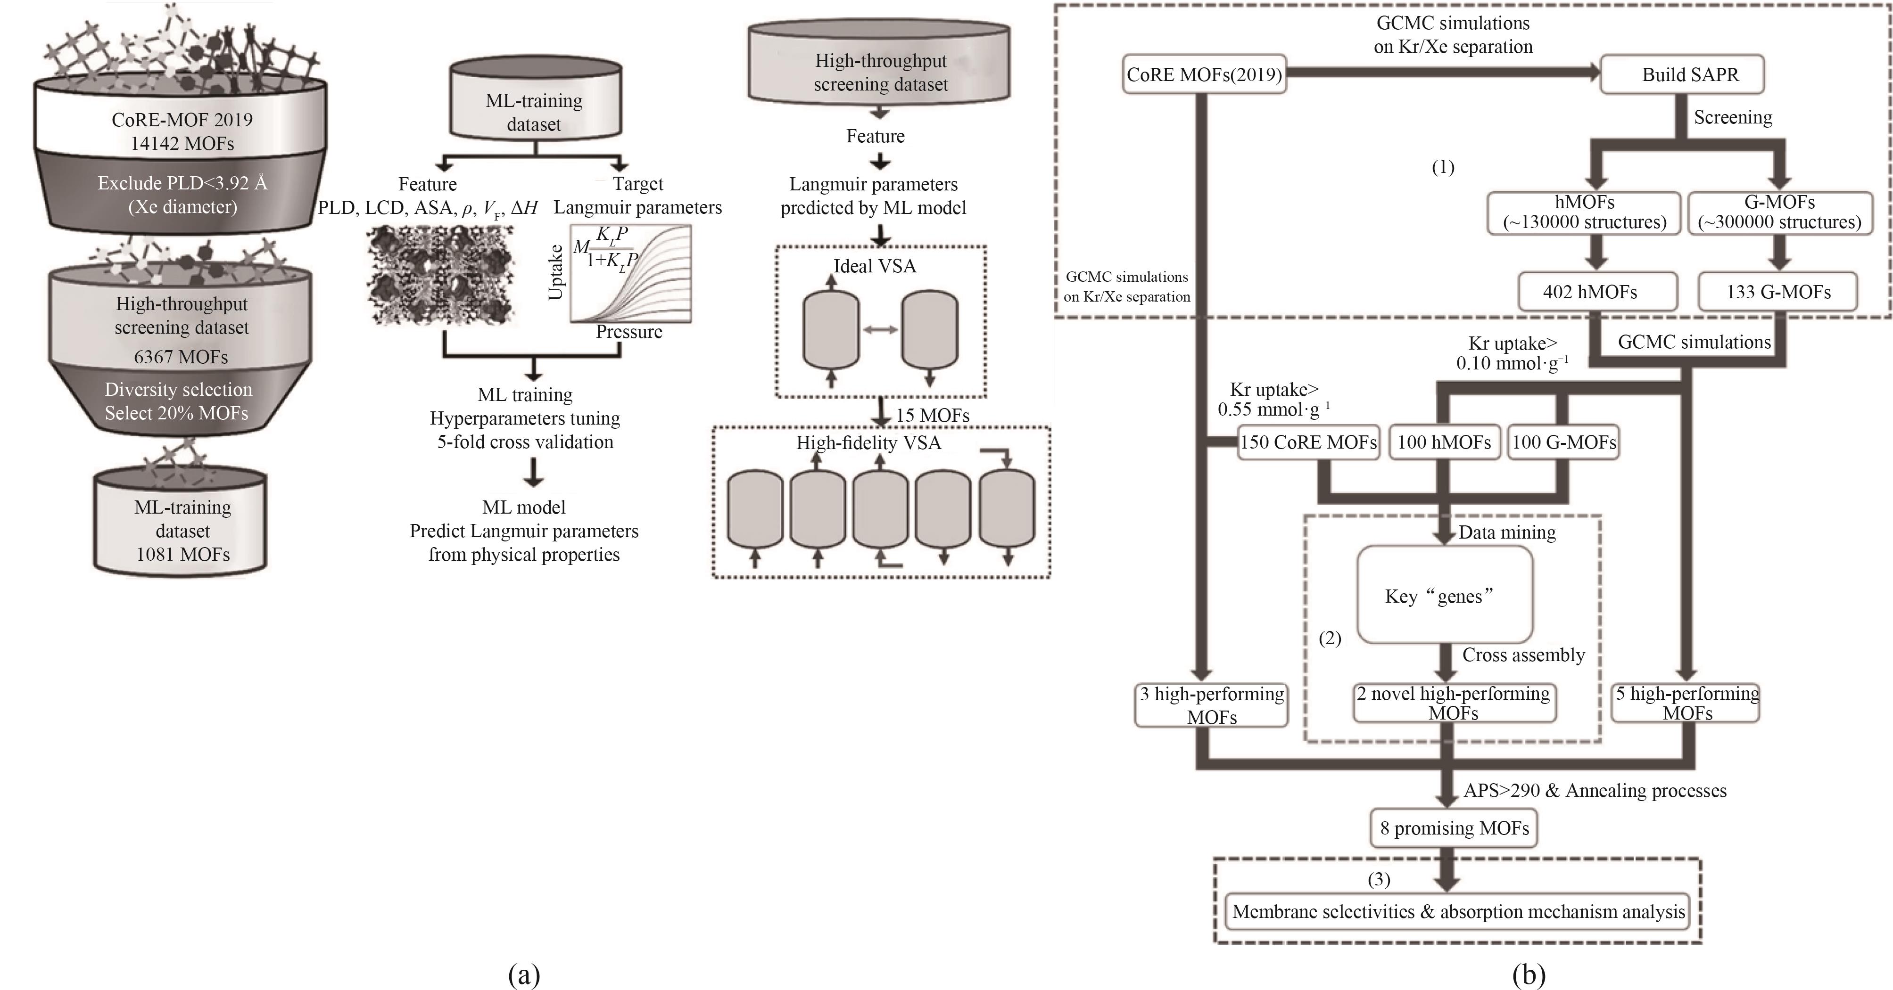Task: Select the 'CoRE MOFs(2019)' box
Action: (1205, 74)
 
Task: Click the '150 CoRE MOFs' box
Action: (1308, 442)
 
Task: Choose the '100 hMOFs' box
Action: (1444, 442)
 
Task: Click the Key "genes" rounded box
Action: (1445, 595)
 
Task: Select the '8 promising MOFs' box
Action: (1454, 828)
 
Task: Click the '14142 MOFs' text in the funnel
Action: (182, 143)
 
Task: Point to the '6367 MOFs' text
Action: (181, 357)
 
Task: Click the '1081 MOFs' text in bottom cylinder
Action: (183, 555)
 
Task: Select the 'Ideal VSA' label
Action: (875, 266)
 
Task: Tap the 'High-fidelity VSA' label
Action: (868, 443)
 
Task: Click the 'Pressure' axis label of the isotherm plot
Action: (629, 332)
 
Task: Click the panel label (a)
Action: (524, 974)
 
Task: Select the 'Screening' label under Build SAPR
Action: (1733, 117)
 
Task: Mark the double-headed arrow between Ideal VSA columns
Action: (880, 330)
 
